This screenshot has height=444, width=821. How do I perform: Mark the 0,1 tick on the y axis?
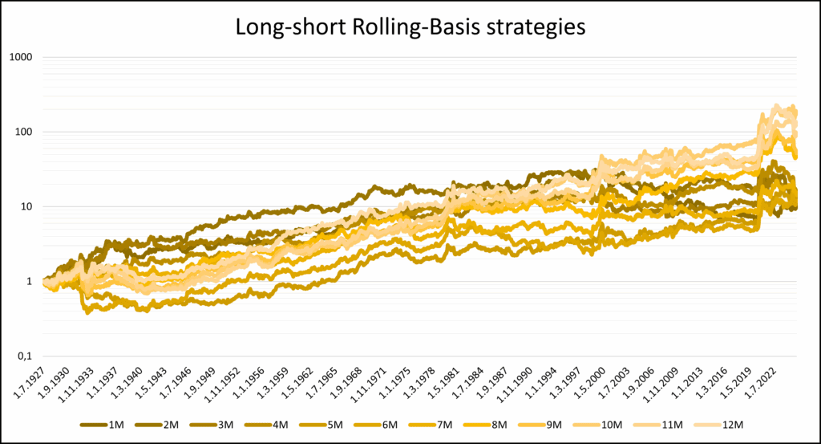pyautogui.click(x=30, y=356)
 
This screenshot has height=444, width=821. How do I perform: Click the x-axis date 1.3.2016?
pyautogui.click(x=717, y=387)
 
